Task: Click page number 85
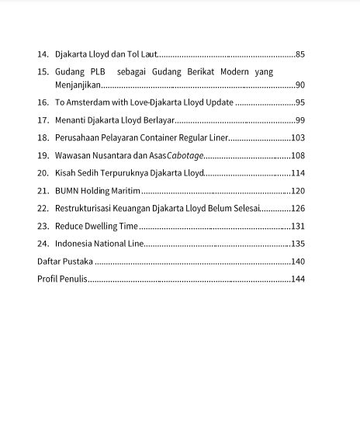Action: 300,54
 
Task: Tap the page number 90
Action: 300,85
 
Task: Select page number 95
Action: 300,102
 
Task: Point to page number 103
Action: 298,137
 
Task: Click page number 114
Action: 298,173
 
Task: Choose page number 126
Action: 298,208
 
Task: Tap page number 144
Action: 298,279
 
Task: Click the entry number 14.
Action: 43,54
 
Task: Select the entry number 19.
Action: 43,155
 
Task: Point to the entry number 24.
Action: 43,244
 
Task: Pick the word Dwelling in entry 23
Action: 101,226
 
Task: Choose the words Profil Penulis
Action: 62,279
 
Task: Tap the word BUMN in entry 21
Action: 66,191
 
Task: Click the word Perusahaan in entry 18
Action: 76,137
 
